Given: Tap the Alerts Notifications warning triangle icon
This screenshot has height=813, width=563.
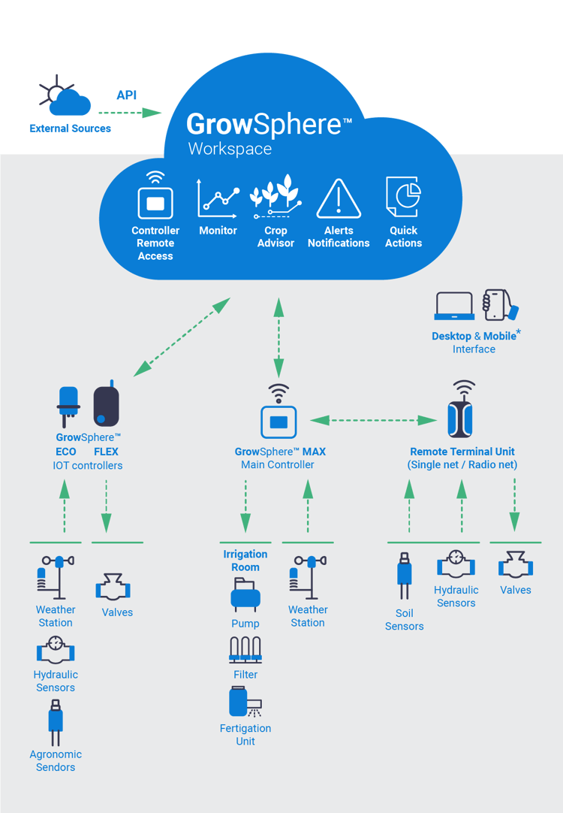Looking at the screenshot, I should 339,198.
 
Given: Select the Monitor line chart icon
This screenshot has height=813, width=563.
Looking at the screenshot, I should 218,198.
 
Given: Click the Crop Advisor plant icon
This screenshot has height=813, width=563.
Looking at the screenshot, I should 275,195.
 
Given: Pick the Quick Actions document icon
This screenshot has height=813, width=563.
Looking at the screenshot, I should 403,198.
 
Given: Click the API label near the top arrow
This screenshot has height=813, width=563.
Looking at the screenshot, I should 127,95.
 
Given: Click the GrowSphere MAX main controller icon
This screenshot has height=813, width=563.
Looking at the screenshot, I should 278,421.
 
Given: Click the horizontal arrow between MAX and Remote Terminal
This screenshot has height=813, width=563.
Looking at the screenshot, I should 373,420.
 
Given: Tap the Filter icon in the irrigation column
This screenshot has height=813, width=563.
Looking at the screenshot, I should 245,650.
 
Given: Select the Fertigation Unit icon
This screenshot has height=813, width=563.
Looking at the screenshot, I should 245,703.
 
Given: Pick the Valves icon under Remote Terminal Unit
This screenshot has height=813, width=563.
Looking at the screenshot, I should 515,566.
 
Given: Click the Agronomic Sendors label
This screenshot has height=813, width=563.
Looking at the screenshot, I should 56,760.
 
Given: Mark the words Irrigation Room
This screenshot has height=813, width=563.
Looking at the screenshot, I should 245,561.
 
